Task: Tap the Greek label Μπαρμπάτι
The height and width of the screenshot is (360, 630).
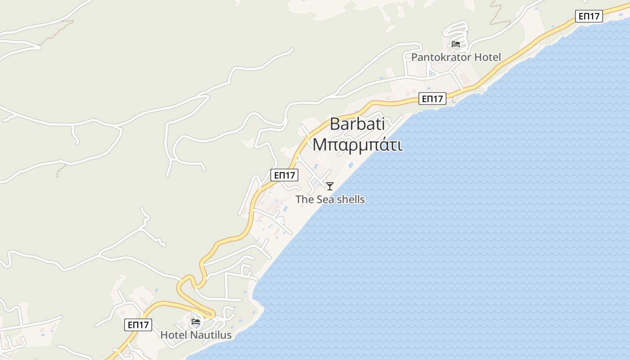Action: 358,145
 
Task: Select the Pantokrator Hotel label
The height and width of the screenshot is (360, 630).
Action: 456,57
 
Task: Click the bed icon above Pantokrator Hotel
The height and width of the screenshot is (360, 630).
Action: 456,44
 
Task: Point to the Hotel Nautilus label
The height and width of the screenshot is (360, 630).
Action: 196,335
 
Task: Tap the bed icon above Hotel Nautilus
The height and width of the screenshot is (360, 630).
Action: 196,322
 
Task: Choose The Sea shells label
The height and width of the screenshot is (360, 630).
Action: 330,199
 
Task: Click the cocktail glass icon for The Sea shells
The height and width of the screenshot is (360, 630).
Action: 330,186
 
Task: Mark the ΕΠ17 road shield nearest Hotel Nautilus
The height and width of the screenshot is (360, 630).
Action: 138,324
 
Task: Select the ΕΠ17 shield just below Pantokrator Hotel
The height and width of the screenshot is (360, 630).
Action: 432,99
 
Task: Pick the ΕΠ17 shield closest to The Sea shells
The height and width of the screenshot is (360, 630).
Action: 284,175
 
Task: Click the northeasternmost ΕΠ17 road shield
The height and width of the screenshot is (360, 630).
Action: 589,16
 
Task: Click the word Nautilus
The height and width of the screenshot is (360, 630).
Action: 211,335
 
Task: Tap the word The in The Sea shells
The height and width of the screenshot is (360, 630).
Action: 305,199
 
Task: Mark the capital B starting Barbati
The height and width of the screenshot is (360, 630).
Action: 335,124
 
